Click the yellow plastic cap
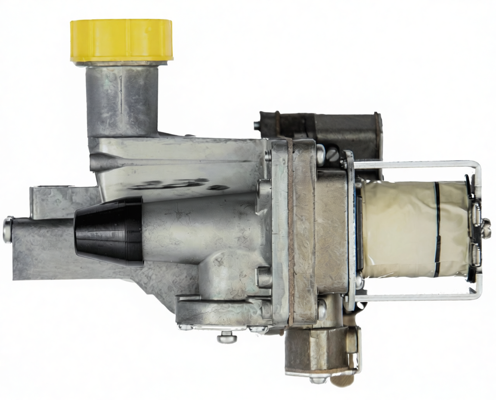point(122,40)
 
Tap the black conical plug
point(110,231)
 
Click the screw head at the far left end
point(8,229)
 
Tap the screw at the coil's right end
point(487,228)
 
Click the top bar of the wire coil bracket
point(413,164)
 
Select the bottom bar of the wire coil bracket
point(413,297)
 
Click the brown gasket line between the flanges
point(291,233)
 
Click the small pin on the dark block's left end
point(257,125)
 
